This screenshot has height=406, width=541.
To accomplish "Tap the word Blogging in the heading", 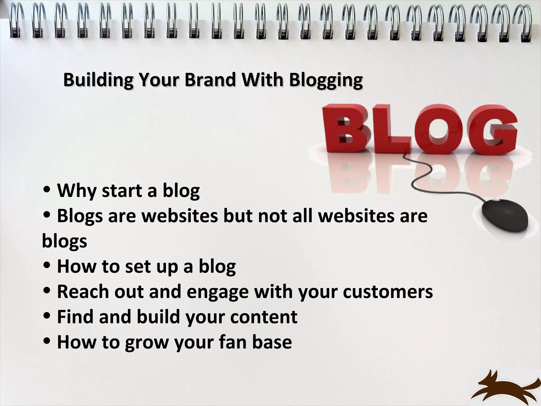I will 325,80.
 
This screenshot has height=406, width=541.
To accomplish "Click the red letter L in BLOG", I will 394,131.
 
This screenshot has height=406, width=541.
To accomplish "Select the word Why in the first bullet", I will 77,190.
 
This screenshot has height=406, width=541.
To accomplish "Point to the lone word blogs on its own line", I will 64,242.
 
